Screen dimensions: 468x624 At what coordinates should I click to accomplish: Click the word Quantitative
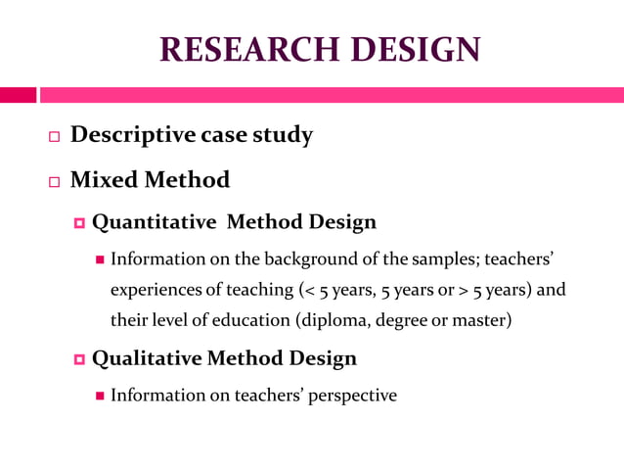(x=154, y=222)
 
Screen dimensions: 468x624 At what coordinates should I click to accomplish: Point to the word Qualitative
(x=147, y=358)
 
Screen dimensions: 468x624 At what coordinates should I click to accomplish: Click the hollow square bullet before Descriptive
(x=55, y=137)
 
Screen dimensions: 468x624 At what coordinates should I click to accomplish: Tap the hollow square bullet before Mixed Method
(x=55, y=182)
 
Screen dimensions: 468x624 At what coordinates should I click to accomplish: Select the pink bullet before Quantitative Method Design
(x=80, y=223)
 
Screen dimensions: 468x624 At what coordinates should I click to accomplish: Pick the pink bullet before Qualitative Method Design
(x=80, y=359)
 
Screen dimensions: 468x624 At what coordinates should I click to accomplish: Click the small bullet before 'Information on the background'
(x=99, y=260)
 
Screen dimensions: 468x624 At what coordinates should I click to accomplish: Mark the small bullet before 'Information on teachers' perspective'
(x=99, y=397)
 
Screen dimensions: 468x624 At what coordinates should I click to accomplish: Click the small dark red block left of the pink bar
(x=18, y=95)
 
